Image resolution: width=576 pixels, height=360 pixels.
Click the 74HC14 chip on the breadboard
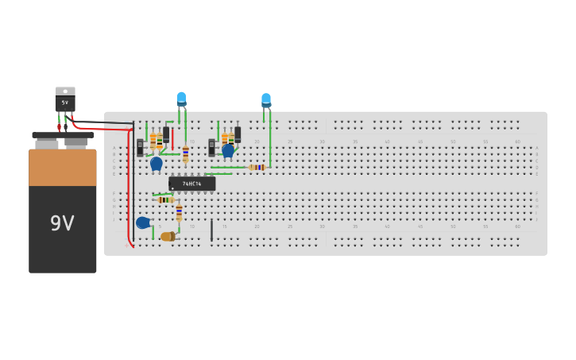pyautogui.click(x=191, y=184)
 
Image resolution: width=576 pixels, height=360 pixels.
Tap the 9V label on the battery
pyautogui.click(x=62, y=224)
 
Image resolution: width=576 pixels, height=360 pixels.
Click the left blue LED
pyautogui.click(x=181, y=99)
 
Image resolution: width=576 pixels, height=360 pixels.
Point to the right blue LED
pyautogui.click(x=266, y=100)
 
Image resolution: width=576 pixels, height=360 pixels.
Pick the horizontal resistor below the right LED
pyautogui.click(x=257, y=168)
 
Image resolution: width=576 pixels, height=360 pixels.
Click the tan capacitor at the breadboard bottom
pyautogui.click(x=168, y=236)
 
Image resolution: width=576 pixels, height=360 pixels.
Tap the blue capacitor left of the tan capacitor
pyautogui.click(x=143, y=223)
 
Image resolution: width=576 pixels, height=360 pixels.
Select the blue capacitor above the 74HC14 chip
pyautogui.click(x=157, y=163)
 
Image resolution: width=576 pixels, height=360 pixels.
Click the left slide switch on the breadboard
pyautogui.click(x=140, y=147)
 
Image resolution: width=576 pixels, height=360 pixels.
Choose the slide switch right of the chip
pyautogui.click(x=212, y=147)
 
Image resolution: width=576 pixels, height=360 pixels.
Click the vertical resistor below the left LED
pyautogui.click(x=185, y=153)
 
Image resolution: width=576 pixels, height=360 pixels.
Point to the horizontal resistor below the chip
pyautogui.click(x=165, y=199)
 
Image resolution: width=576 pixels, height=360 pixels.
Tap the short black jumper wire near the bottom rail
pyautogui.click(x=211, y=230)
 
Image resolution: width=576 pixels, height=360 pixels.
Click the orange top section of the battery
pyautogui.click(x=63, y=167)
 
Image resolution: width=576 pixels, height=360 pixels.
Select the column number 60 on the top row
pyautogui.click(x=517, y=141)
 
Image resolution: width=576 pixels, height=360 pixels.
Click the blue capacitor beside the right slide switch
pyautogui.click(x=228, y=150)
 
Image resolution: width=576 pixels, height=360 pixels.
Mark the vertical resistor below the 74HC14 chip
pyautogui.click(x=179, y=213)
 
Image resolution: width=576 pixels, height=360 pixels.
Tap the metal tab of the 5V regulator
pyautogui.click(x=65, y=91)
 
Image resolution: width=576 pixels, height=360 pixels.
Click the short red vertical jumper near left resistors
pyautogui.click(x=172, y=139)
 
